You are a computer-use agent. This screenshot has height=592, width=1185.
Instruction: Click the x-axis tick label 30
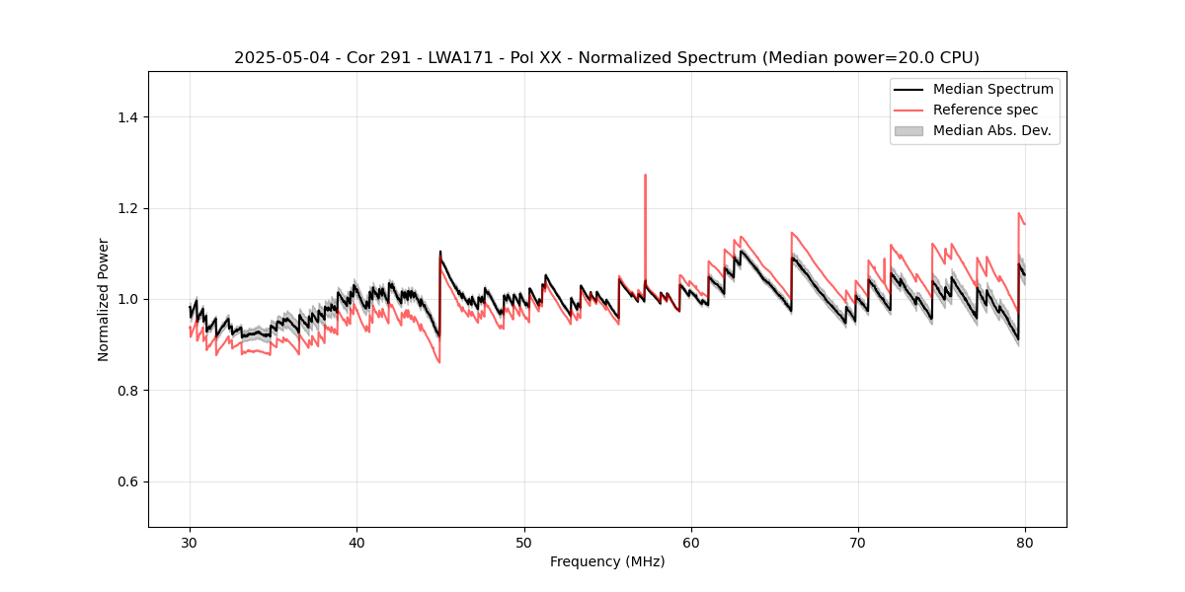pos(191,543)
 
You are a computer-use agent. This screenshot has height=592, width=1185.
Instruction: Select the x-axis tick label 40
pos(357,543)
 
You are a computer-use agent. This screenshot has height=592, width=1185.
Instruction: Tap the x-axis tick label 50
pos(524,543)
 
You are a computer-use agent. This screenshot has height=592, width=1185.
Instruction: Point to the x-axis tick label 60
pos(691,543)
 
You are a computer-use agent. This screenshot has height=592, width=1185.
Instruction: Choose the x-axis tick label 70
pos(858,543)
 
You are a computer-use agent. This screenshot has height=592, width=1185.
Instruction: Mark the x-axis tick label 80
pos(1025,543)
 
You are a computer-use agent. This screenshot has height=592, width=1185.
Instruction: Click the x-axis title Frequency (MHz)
pos(607,561)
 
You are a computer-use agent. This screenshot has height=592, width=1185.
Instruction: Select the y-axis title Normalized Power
pos(104,299)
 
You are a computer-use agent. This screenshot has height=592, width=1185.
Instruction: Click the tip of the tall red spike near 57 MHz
pos(645,176)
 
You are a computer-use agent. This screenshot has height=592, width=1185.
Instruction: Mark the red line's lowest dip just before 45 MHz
pos(438,362)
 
